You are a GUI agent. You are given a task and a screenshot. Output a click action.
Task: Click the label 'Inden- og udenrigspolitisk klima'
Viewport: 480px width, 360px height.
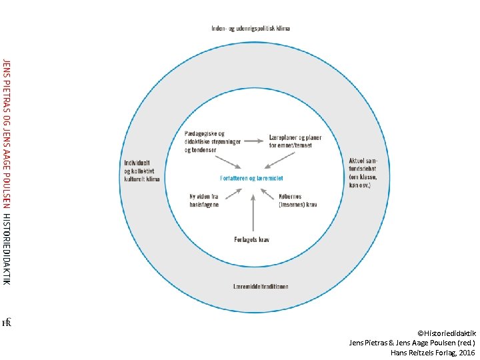coord(251,29)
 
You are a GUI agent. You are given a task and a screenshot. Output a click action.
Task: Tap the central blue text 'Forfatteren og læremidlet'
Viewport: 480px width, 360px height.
coord(251,178)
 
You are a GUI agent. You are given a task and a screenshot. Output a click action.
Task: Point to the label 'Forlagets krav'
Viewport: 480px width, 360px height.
coord(252,239)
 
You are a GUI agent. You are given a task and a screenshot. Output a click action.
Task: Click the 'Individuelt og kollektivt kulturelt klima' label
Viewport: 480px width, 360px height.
coord(142,171)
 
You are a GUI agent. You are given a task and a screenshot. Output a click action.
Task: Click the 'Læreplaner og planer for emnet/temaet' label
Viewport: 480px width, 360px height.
coord(295,140)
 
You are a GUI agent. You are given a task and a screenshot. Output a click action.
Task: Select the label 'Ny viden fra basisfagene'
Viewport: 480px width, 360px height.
coord(205,201)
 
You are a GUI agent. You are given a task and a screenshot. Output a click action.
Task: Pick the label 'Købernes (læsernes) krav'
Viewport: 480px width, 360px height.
coord(297,201)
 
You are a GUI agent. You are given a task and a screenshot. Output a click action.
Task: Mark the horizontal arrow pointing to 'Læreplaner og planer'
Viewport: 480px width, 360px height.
coord(253,141)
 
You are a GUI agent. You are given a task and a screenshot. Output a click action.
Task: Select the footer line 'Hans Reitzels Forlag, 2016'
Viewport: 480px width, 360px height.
coord(433,351)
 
